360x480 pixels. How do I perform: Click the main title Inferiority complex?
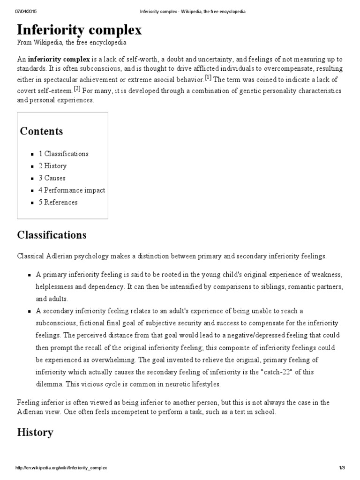79,30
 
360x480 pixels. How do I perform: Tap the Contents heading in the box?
41,131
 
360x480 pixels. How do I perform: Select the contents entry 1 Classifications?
63,154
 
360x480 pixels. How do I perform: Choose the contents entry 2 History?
52,166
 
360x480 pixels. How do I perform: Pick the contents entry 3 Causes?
52,178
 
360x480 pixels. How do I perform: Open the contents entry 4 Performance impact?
72,190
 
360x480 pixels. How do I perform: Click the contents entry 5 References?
58,202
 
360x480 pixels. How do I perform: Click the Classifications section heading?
52,235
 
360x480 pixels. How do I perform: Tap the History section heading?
35,432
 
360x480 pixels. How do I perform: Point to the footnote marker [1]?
208,77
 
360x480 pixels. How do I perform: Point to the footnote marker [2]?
77,88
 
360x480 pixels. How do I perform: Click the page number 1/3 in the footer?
342,468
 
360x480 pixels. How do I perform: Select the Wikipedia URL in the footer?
61,468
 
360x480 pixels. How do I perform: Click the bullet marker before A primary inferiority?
29,274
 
